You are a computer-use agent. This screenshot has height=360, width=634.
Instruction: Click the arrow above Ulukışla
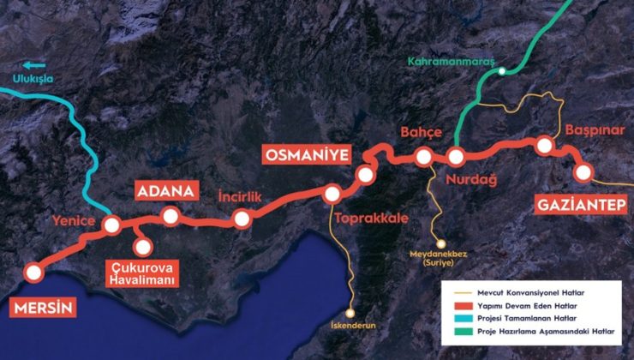(34, 64)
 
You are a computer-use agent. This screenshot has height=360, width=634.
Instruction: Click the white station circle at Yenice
(111, 225)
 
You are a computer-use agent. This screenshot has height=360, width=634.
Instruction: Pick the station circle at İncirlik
(242, 219)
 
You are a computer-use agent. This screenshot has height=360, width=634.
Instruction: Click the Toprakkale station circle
(332, 194)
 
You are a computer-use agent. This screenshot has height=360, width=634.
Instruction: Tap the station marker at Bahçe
(423, 157)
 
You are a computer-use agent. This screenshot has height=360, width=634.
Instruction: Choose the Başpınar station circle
(544, 147)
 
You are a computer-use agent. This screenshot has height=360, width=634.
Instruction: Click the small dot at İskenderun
(350, 314)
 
